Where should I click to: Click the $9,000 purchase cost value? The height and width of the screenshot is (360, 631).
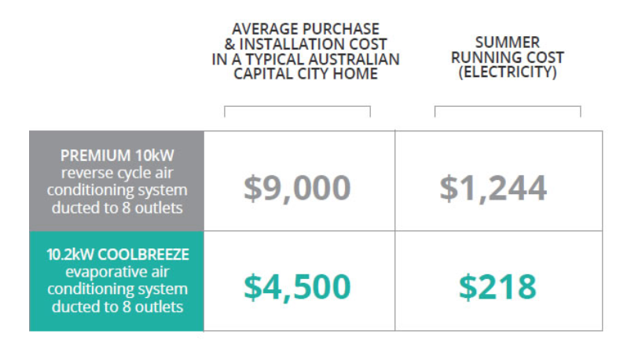point(297,189)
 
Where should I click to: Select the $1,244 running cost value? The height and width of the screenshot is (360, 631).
point(493,189)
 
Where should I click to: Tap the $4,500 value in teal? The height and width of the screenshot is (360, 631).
point(297,287)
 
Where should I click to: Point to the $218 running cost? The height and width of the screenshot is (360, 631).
point(497,287)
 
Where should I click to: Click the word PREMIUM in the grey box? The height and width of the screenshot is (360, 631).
point(95,156)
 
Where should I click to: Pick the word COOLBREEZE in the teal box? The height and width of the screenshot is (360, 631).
point(143,255)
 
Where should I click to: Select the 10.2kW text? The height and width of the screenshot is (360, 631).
point(71,255)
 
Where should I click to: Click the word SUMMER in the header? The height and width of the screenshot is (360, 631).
point(508,42)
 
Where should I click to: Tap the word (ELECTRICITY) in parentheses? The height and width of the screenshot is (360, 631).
point(508,72)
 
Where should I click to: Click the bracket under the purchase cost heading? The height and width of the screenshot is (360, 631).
point(297,107)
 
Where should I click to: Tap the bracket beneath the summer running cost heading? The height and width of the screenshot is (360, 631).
point(508,107)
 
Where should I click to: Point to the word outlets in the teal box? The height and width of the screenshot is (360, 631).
point(159,307)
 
